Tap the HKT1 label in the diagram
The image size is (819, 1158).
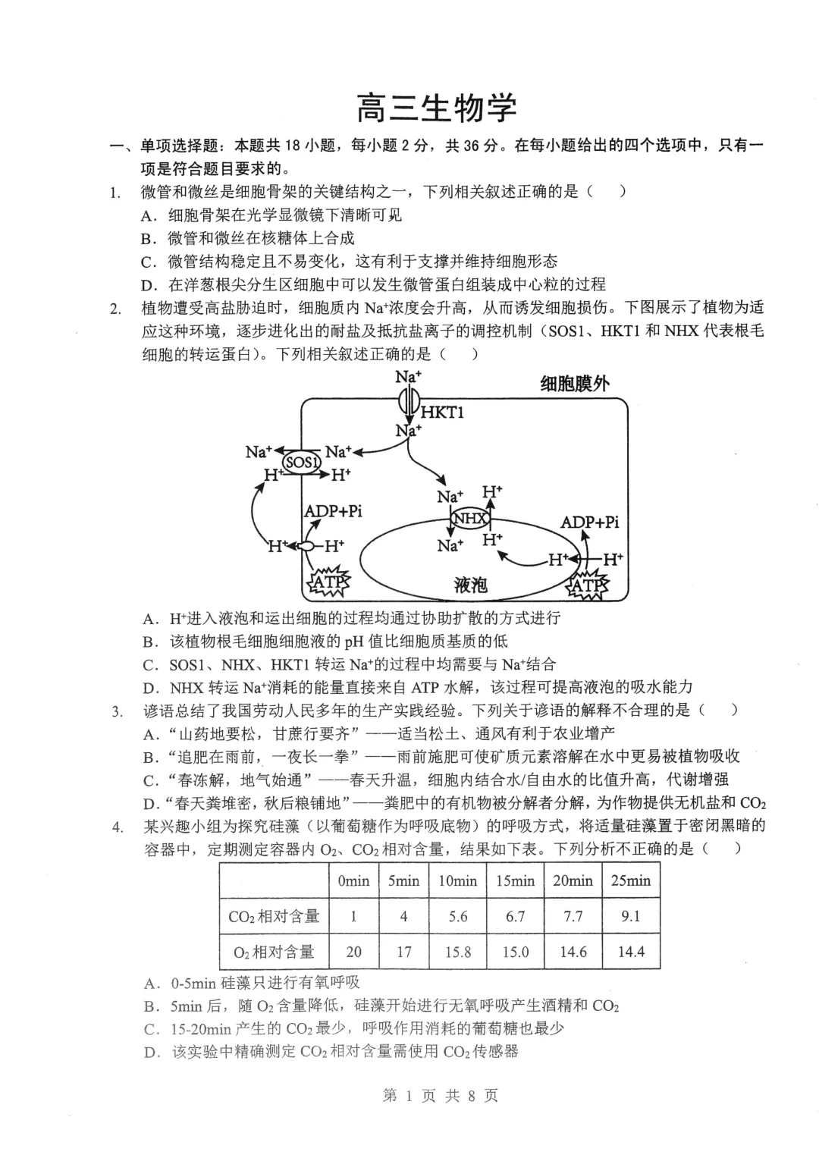(442, 413)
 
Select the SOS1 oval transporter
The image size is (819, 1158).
(302, 462)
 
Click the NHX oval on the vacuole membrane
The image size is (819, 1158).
(470, 519)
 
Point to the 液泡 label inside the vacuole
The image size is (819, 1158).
(470, 584)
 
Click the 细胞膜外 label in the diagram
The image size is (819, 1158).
(574, 384)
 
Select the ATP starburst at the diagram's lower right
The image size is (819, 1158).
(588, 585)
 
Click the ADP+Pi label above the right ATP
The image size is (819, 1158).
(589, 523)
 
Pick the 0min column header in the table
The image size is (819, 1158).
(353, 880)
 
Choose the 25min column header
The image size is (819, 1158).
(631, 880)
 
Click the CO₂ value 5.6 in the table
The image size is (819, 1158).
(458, 916)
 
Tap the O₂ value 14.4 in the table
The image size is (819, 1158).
(631, 952)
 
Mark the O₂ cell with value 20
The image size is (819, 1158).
(353, 952)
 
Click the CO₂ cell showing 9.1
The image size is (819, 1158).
(631, 916)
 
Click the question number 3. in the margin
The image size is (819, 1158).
(118, 711)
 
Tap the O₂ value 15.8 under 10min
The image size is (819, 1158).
(458, 952)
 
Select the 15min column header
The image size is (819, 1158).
(516, 880)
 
